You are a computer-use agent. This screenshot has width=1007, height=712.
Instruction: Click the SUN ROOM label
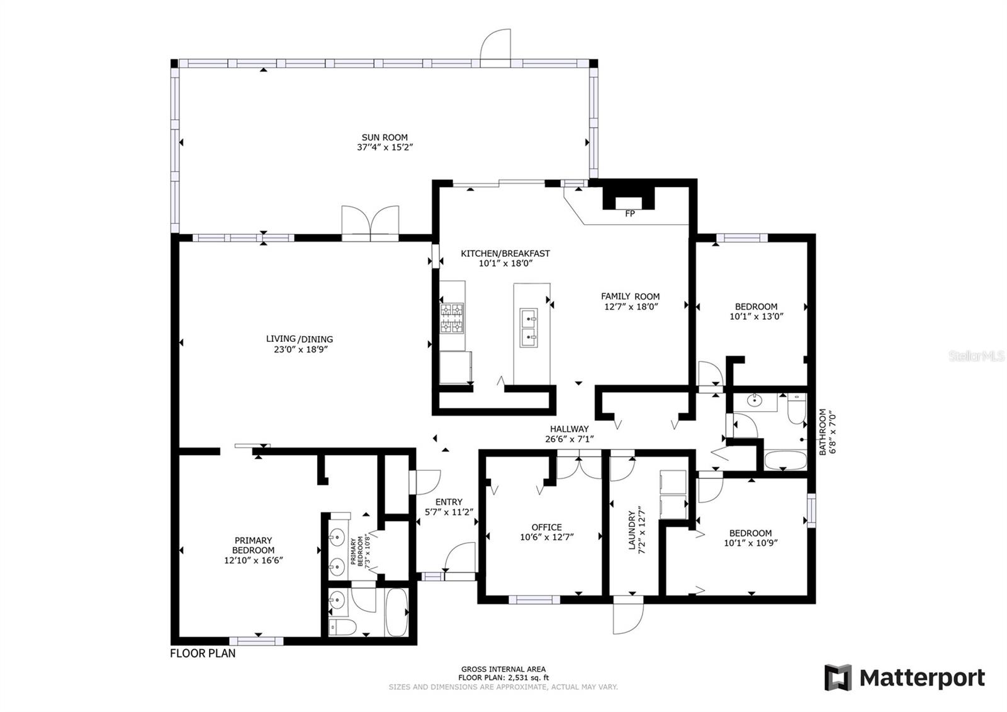point(385,137)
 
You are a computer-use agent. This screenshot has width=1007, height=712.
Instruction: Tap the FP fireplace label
point(630,213)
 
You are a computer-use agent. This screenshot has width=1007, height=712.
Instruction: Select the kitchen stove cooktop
point(452,319)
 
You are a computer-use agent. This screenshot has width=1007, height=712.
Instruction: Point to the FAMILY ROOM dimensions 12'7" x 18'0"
point(631,307)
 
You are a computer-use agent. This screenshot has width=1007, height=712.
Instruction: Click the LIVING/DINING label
point(300,339)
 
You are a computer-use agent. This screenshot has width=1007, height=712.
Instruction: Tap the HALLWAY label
point(569,429)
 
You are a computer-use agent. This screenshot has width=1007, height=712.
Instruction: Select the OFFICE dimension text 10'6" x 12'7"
point(547,537)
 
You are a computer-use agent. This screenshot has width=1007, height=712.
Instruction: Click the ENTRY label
point(449,502)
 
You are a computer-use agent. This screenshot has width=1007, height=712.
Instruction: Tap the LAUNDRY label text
point(632,530)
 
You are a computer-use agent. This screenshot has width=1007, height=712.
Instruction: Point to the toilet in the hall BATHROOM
point(797,409)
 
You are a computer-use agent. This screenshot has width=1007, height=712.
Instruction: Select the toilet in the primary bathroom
point(342,626)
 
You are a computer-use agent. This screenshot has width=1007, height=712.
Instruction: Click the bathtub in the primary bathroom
point(397,612)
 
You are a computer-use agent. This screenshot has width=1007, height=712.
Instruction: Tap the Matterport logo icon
point(838,677)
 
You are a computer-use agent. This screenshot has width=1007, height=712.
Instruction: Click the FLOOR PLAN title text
point(203,653)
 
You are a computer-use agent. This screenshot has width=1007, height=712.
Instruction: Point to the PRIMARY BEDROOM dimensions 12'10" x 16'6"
point(254,560)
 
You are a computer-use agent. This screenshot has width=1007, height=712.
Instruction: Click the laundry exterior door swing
point(629,617)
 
